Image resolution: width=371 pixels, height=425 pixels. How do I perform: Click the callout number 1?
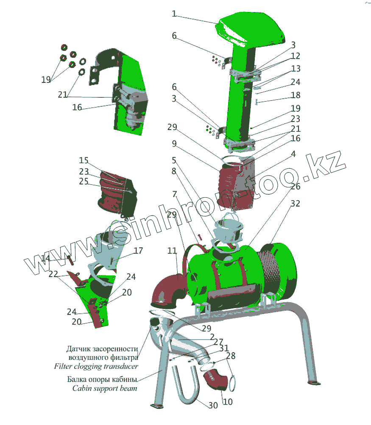point(174,14)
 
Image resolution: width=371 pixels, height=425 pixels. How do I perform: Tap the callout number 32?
point(295,204)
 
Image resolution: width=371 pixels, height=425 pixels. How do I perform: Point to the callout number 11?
point(172,251)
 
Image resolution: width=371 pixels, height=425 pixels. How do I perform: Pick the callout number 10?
point(227,401)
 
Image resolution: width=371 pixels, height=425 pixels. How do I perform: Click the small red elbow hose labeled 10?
point(216,380)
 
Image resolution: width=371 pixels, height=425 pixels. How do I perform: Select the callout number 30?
point(213,405)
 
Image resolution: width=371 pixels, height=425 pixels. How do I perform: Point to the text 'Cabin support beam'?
point(105,388)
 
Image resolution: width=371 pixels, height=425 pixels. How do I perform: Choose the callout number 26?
point(295,186)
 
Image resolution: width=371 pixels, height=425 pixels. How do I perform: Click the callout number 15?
point(84,161)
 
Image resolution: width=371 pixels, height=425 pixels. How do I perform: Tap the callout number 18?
point(296,95)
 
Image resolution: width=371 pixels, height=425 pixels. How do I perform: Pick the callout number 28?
point(231,356)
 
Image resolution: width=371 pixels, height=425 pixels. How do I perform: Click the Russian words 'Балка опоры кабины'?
point(102,379)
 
